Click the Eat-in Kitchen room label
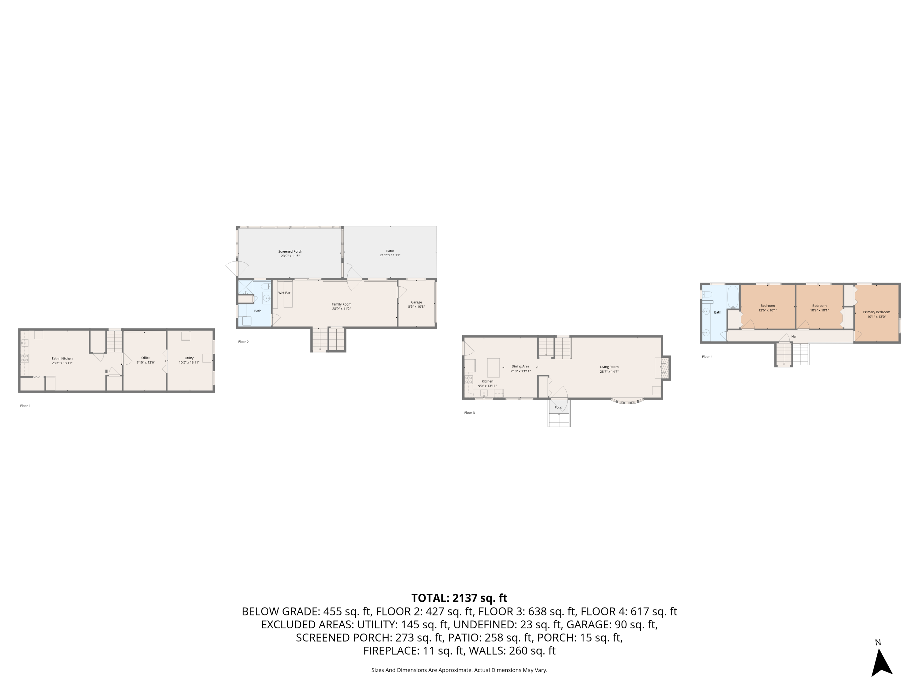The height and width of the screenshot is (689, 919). point(62,358)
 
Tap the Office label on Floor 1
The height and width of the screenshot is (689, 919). point(146,358)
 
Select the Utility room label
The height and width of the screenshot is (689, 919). point(189,358)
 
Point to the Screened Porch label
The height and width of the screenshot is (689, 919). point(290,251)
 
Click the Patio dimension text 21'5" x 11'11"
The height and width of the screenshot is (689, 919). point(390,255)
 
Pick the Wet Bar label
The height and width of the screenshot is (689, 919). point(284,293)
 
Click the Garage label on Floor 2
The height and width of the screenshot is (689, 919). point(416,302)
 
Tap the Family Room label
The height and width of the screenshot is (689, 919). point(341,304)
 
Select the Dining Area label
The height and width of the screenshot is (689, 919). point(520,366)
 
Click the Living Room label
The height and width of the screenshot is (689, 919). point(609,367)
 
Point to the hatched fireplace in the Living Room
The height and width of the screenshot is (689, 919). point(664,368)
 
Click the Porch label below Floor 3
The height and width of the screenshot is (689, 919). point(559,407)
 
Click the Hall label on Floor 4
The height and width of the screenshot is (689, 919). point(794,337)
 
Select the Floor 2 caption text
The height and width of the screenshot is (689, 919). point(244,342)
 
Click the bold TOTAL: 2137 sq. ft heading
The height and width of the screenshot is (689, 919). point(459,598)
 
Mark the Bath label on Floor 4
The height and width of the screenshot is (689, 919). point(717,312)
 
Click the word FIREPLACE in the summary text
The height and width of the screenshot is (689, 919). point(391,651)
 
